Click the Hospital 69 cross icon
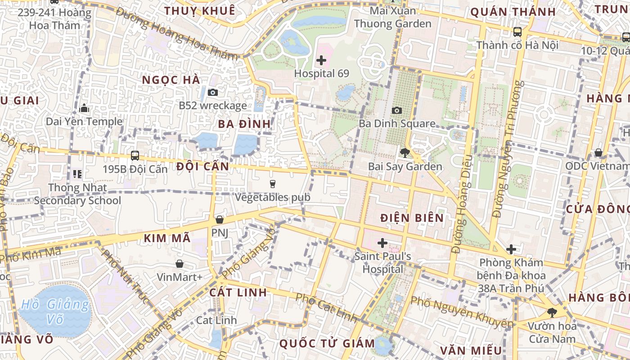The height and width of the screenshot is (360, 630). [321, 60]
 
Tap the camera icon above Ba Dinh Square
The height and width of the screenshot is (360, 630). [397, 110]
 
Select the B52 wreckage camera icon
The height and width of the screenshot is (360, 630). [213, 93]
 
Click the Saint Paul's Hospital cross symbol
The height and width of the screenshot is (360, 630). [382, 243]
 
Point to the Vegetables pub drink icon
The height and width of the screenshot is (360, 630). [272, 184]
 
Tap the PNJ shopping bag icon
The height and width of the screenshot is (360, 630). [220, 220]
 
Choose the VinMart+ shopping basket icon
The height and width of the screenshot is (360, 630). [180, 264]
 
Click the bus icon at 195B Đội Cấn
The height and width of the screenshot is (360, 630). [135, 156]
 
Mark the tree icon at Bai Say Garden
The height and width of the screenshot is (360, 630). [405, 153]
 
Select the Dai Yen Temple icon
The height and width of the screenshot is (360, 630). [84, 108]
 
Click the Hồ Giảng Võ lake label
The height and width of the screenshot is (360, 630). [55, 312]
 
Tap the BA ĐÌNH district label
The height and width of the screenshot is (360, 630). [245, 124]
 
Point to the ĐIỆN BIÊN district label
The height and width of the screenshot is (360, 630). [412, 218]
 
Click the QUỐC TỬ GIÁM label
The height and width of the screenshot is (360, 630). [327, 344]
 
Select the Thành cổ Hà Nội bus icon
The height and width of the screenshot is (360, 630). [517, 32]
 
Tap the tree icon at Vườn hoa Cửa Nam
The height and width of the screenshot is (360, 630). [552, 312]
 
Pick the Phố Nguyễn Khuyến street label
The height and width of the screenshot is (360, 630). [462, 311]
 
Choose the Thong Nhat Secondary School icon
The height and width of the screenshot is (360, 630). [77, 174]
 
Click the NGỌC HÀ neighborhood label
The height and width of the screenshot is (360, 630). [171, 80]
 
